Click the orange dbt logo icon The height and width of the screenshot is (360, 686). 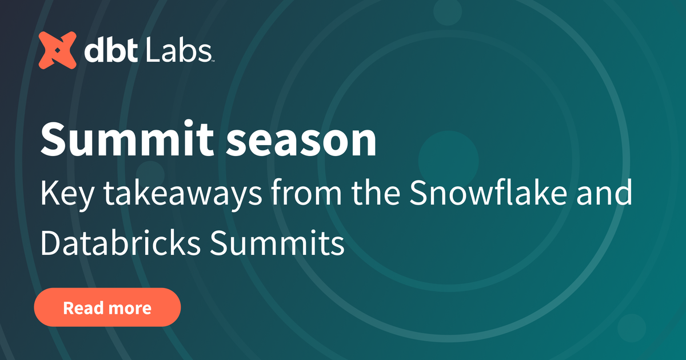coord(57,50)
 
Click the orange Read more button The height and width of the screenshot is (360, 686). coord(107,307)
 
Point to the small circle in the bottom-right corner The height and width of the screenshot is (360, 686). coord(631,327)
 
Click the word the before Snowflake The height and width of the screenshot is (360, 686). coord(381,195)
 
